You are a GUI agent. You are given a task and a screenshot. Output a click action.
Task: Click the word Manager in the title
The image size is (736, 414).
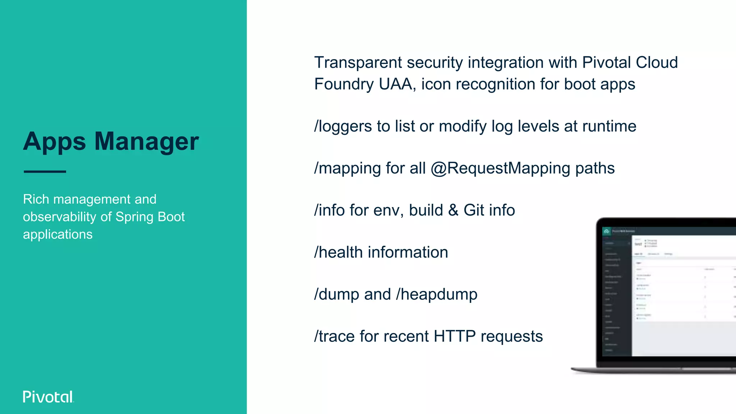click(x=146, y=141)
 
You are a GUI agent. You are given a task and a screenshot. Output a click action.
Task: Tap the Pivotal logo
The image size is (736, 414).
click(x=48, y=397)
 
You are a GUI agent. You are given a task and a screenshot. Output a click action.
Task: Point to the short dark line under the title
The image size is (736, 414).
click(x=45, y=172)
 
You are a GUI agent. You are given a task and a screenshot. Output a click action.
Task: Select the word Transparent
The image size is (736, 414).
click(x=358, y=63)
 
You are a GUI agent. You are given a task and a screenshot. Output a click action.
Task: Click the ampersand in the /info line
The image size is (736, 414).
click(x=453, y=210)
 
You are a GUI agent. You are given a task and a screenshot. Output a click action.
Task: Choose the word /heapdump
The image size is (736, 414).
click(x=437, y=295)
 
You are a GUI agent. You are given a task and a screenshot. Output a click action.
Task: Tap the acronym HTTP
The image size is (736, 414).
click(x=454, y=336)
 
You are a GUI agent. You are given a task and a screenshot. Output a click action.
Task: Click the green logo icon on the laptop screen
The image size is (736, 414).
click(x=607, y=231)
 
